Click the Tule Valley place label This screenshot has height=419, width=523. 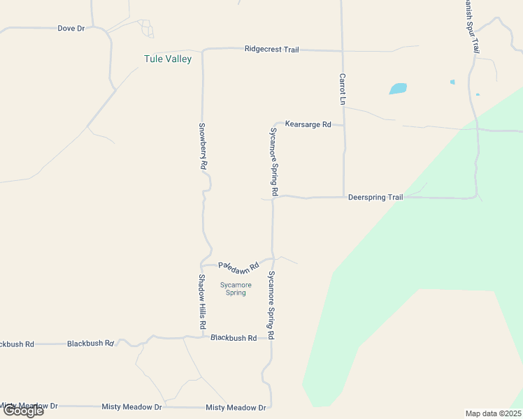(x=167, y=59)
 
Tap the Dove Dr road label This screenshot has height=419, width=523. (x=71, y=29)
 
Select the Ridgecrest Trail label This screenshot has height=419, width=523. (x=271, y=50)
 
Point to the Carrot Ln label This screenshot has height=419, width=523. (x=343, y=89)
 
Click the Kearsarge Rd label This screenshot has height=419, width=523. (x=308, y=124)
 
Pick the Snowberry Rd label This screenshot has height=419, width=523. (x=202, y=147)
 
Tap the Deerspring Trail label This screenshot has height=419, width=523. (x=375, y=198)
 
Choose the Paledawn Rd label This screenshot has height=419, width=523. (x=238, y=266)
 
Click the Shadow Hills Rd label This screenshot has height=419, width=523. (x=201, y=302)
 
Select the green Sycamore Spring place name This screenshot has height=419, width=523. (x=236, y=288)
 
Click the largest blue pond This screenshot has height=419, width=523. (x=398, y=89)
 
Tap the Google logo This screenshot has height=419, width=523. (x=22, y=411)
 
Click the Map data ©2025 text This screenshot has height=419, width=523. (x=493, y=413)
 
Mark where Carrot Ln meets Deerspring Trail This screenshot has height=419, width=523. (x=344, y=197)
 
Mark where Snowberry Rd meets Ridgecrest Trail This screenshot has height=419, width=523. (x=203, y=50)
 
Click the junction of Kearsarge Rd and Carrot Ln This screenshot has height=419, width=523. (x=344, y=126)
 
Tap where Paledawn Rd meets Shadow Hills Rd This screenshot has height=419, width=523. (x=201, y=265)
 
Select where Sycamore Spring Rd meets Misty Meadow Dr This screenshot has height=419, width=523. (x=270, y=407)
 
